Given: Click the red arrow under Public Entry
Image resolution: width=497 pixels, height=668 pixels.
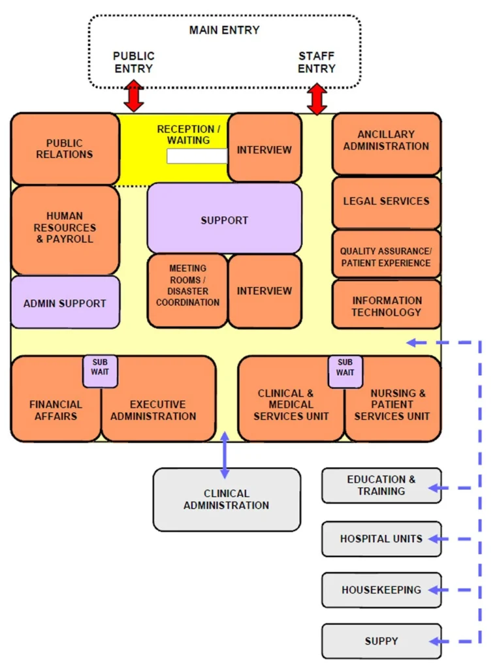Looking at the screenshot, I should click(134, 96).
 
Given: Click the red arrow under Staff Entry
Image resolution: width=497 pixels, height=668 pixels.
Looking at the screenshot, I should click(317, 99).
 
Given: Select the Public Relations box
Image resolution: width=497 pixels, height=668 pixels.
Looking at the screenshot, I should click(65, 149).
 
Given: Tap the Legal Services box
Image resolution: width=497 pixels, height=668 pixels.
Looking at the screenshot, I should click(386, 201).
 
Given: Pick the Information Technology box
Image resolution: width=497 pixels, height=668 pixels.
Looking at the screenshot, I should click(386, 305).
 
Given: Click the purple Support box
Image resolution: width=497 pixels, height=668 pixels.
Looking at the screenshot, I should click(224, 220).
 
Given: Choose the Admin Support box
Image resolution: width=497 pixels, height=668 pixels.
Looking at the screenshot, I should click(65, 303).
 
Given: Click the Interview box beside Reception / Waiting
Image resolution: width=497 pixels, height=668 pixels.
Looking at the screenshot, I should click(264, 149).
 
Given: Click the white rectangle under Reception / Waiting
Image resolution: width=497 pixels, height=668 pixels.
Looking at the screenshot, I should click(197, 156).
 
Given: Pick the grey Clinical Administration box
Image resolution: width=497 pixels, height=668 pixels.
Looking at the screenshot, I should click(226, 499).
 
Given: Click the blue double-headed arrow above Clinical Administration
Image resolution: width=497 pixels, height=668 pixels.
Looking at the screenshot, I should click(225, 455).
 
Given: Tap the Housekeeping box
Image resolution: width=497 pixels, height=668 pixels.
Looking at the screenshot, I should click(381, 590).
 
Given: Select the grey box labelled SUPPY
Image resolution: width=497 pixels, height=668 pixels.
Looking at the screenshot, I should click(381, 641).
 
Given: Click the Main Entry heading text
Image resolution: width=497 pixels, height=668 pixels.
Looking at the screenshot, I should click(224, 30).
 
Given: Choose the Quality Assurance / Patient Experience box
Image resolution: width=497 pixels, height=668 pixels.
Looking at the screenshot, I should click(386, 256).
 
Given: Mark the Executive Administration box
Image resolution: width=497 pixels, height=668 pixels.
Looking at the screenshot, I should click(157, 410).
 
